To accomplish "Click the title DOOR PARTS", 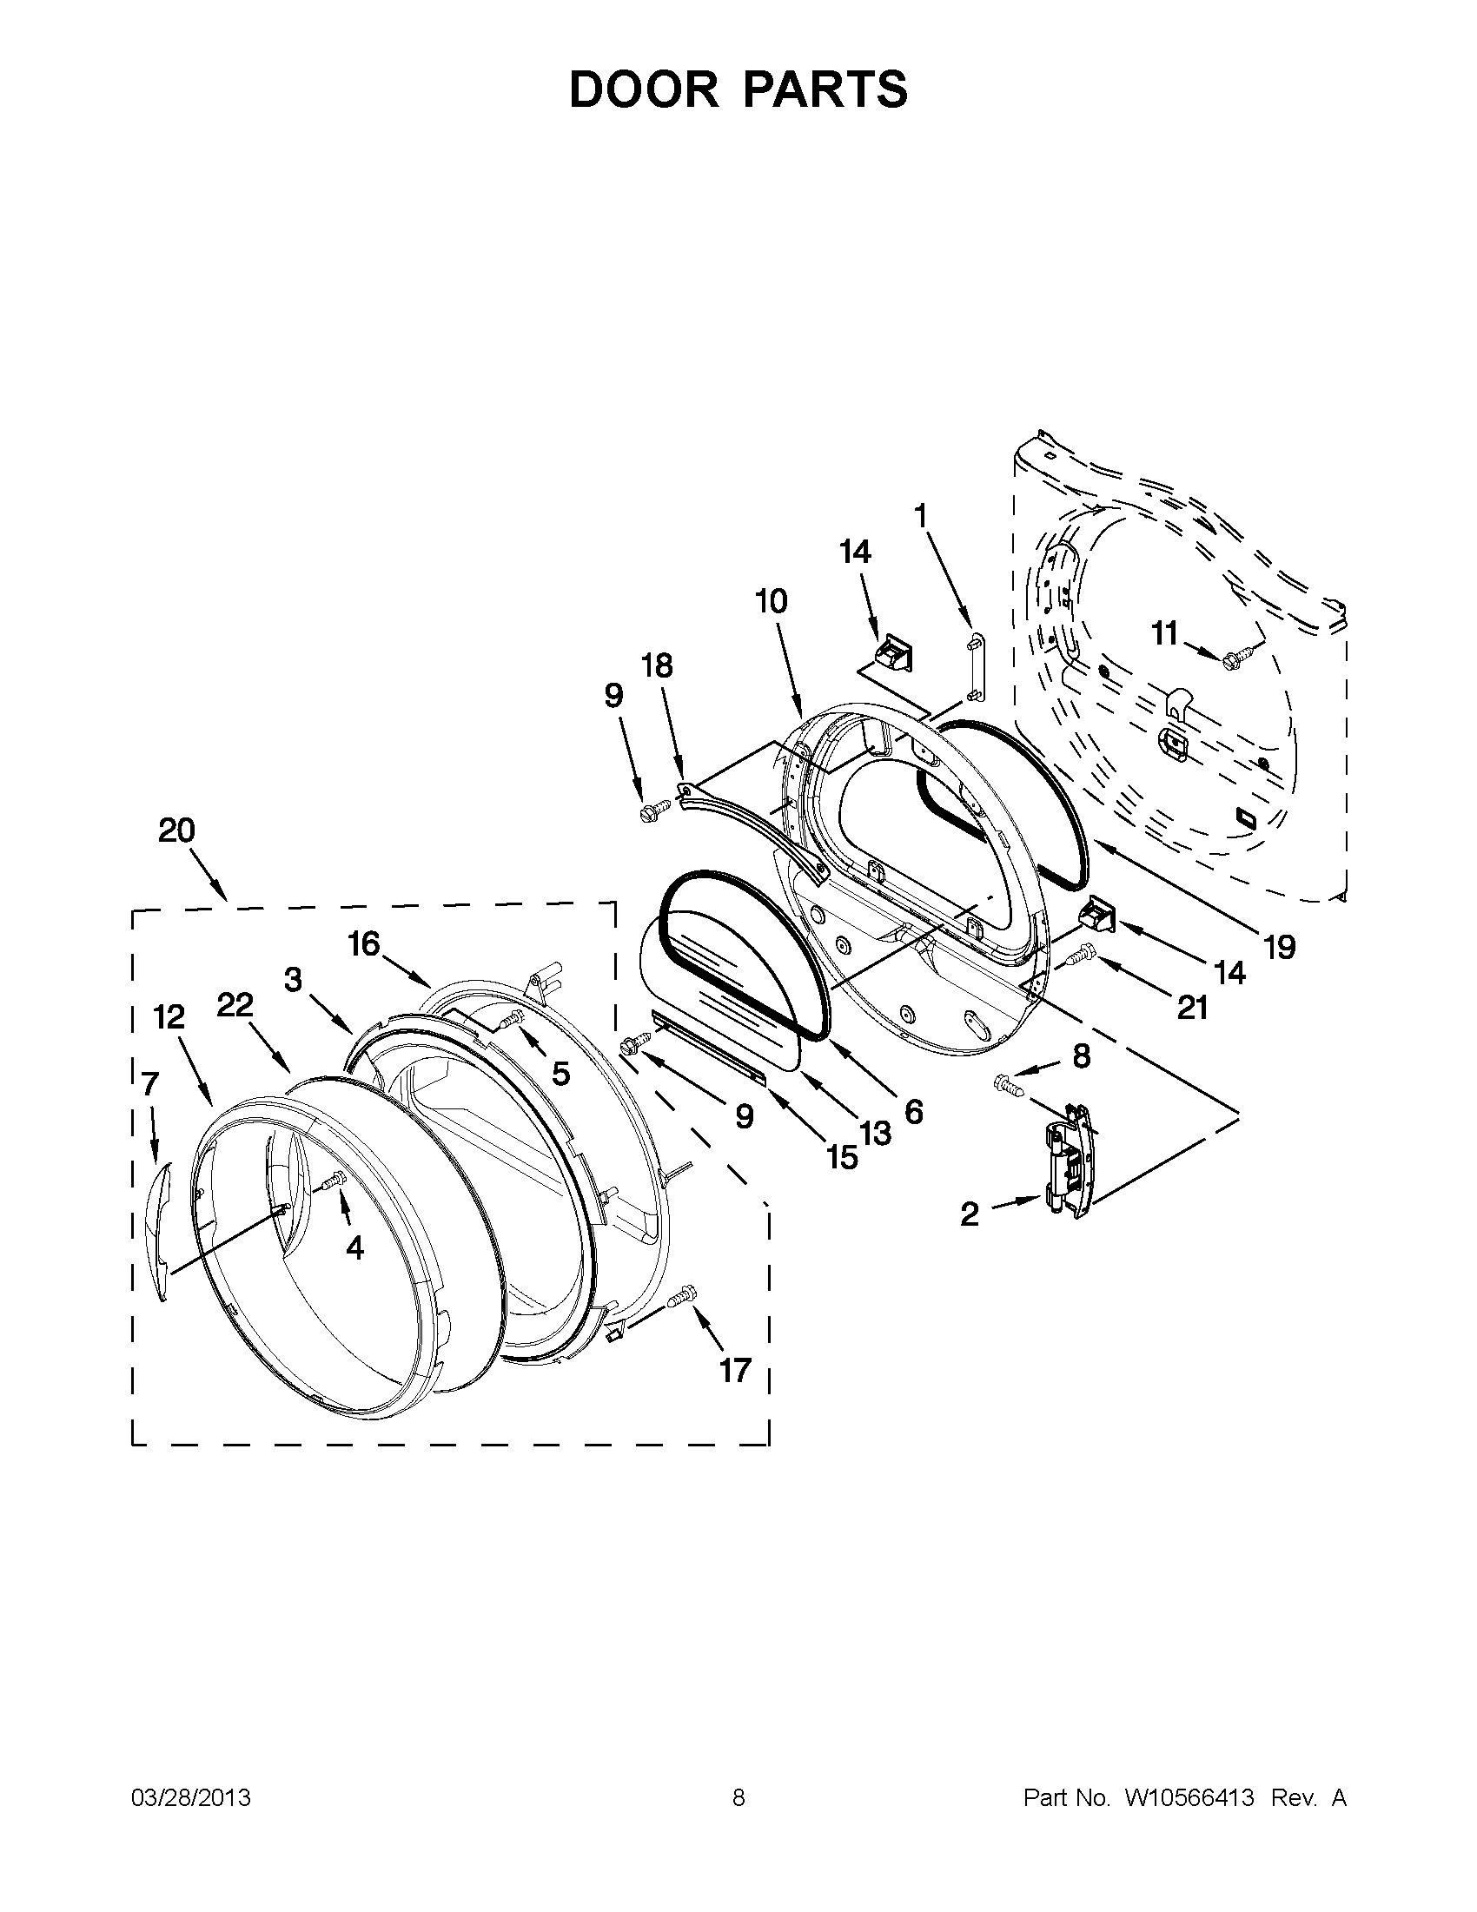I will point(738,89).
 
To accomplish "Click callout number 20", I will point(176,830).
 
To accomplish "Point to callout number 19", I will point(1279,946).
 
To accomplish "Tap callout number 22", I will point(235,1005).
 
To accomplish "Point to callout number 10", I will point(772,601).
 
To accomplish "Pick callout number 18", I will point(657,666).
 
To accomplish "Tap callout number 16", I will point(363,943).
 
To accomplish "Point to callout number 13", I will point(875,1133).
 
